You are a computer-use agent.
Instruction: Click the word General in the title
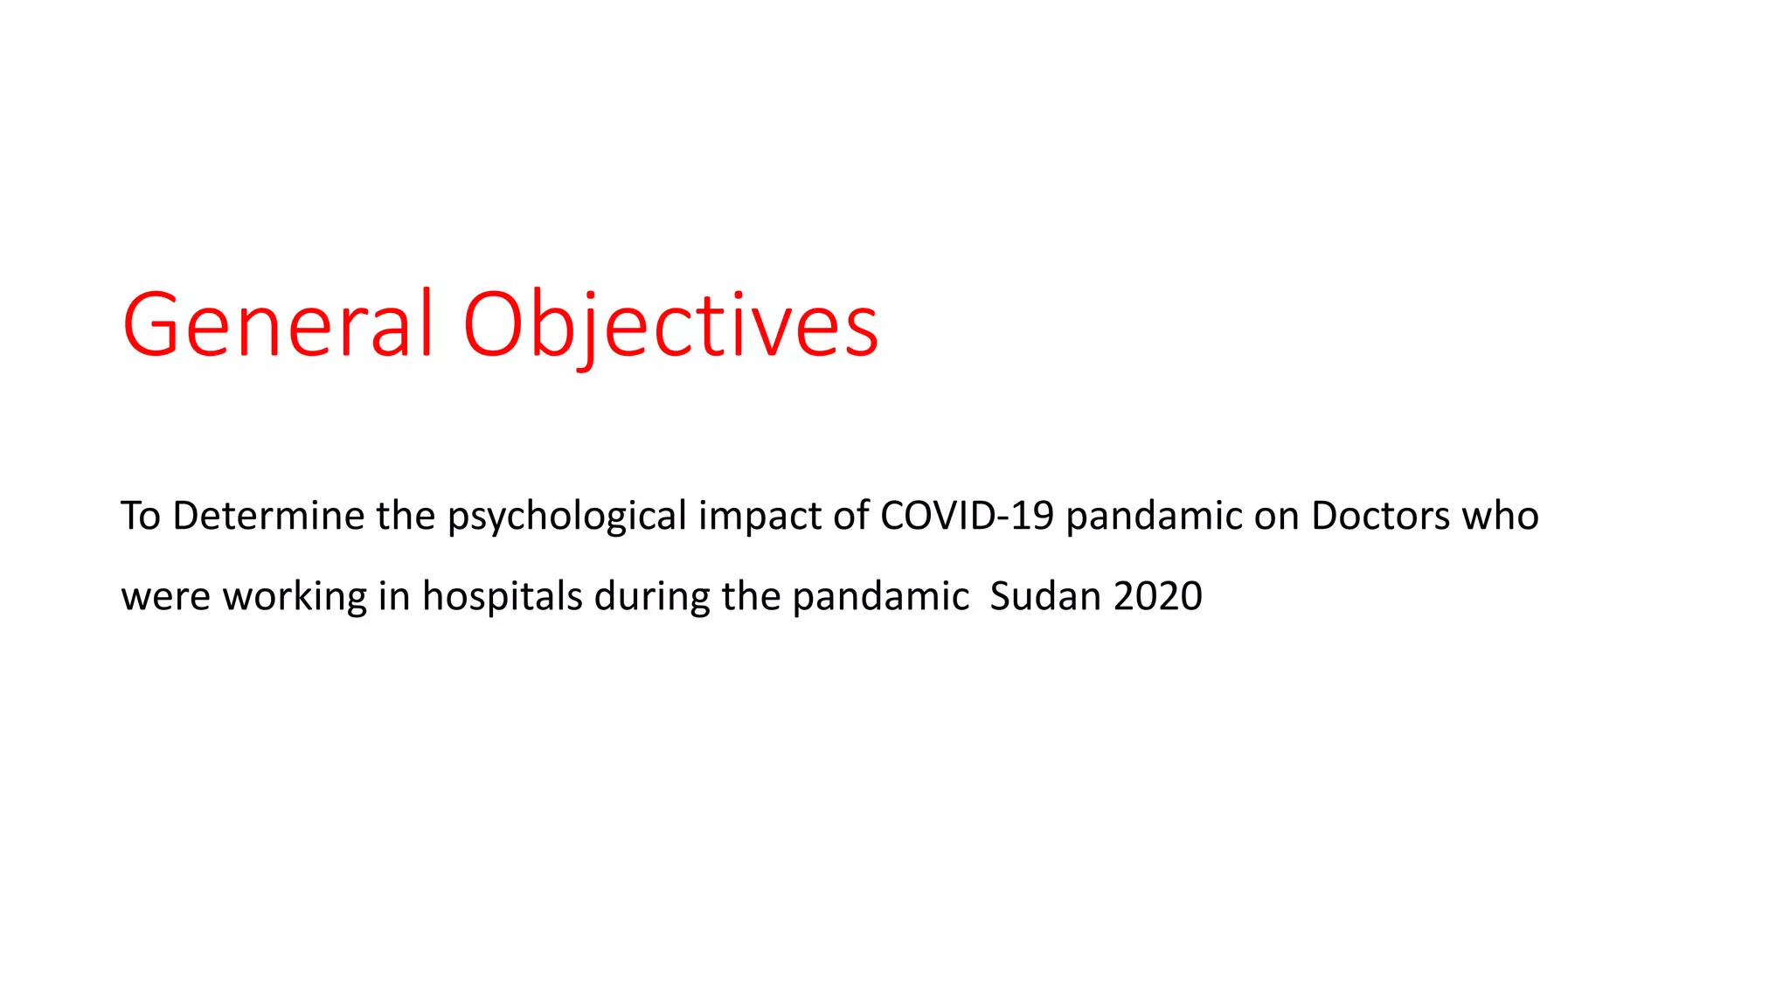(x=278, y=325)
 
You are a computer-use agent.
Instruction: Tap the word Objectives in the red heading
(x=670, y=325)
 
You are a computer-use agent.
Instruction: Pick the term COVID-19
(x=967, y=516)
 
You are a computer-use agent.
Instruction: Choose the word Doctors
(x=1381, y=516)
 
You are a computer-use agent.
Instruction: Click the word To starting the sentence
(x=141, y=516)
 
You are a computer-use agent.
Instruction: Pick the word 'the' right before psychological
(x=406, y=516)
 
